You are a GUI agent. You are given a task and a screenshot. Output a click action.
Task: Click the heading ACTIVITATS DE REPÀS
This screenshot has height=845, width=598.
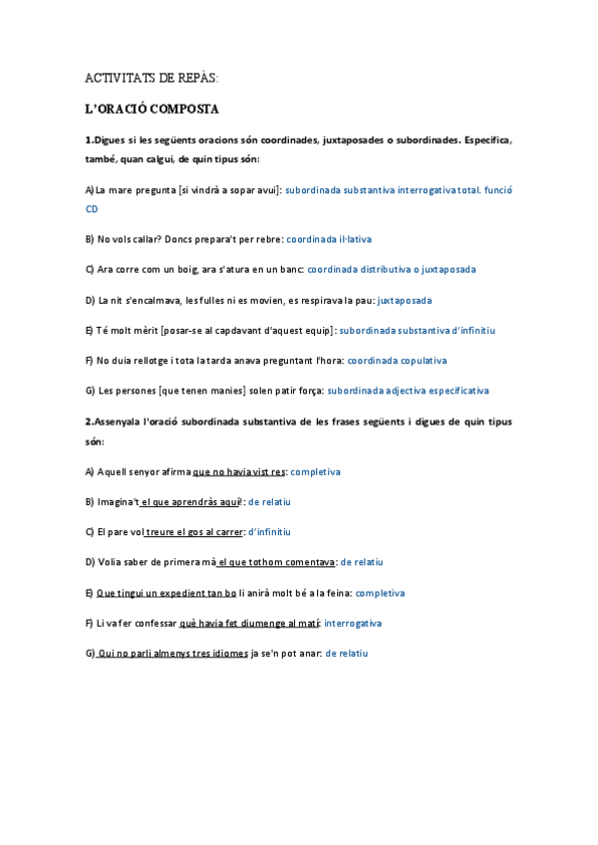(151, 78)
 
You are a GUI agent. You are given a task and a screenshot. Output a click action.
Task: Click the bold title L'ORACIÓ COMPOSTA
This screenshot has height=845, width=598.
(151, 108)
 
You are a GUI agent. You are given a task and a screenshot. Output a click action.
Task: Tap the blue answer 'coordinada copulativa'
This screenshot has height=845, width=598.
(397, 360)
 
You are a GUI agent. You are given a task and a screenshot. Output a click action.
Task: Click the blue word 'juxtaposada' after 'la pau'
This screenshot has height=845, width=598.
(405, 300)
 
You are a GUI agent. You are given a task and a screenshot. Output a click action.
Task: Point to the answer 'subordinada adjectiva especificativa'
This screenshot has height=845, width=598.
(408, 391)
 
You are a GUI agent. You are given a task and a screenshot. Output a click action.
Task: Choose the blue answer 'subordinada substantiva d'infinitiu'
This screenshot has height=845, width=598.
(418, 330)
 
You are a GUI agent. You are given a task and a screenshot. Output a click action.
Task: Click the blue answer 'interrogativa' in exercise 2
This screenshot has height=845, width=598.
(353, 623)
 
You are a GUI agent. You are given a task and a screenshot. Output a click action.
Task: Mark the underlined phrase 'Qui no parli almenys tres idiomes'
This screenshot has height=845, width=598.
(171, 654)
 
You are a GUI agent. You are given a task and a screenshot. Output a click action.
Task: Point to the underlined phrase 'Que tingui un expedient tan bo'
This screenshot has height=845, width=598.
(166, 593)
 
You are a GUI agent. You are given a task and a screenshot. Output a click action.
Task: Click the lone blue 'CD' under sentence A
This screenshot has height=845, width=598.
(92, 209)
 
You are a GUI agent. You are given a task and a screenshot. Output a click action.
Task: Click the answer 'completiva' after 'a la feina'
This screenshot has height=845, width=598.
(380, 593)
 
